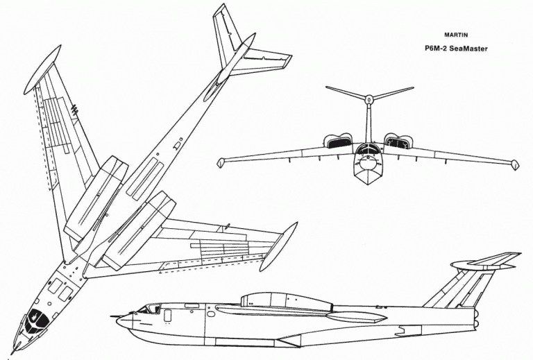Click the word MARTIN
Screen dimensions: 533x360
(456, 35)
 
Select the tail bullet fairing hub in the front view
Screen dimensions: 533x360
(369, 99)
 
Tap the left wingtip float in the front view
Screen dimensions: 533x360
(221, 163)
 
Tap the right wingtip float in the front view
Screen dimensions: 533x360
(515, 165)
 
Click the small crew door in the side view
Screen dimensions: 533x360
(167, 316)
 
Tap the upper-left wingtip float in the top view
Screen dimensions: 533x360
(42, 69)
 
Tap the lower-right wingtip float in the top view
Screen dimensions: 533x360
(278, 246)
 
